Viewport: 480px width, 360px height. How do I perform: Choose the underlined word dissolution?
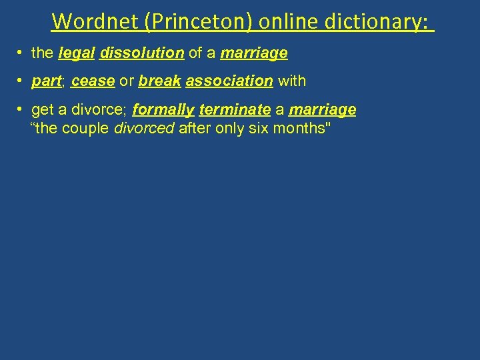click(142, 53)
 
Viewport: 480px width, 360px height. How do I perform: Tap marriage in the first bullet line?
click(254, 53)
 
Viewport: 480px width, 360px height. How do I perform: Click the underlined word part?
click(46, 81)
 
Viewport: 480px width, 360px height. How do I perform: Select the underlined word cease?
click(93, 81)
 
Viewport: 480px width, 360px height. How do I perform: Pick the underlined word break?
click(160, 81)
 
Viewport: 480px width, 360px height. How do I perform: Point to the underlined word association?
click(229, 81)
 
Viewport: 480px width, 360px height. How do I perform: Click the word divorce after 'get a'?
click(101, 110)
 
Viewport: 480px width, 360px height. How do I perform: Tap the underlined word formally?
click(163, 110)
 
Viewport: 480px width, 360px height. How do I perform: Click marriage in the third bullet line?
click(323, 110)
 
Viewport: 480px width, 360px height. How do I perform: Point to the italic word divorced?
click(145, 129)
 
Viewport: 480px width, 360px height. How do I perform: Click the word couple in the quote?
click(86, 129)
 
